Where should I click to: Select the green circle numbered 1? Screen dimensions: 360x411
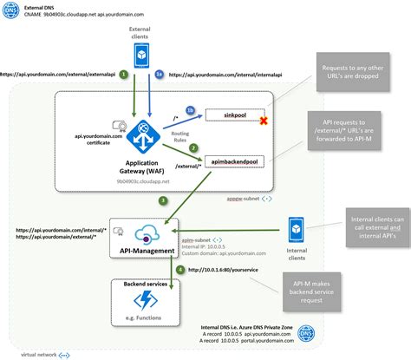click(x=125, y=76)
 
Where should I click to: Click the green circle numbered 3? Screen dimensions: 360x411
click(x=162, y=202)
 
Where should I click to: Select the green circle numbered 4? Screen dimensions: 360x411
click(x=179, y=270)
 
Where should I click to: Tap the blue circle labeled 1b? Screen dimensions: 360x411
click(x=192, y=111)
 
